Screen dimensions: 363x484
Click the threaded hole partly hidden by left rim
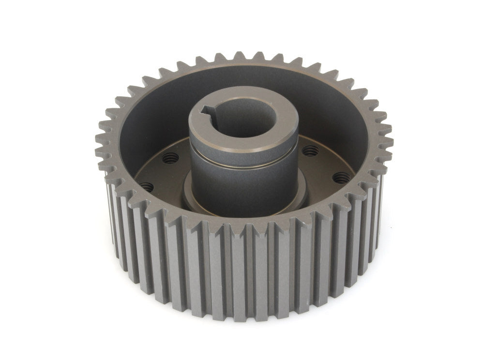(x=147, y=185)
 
